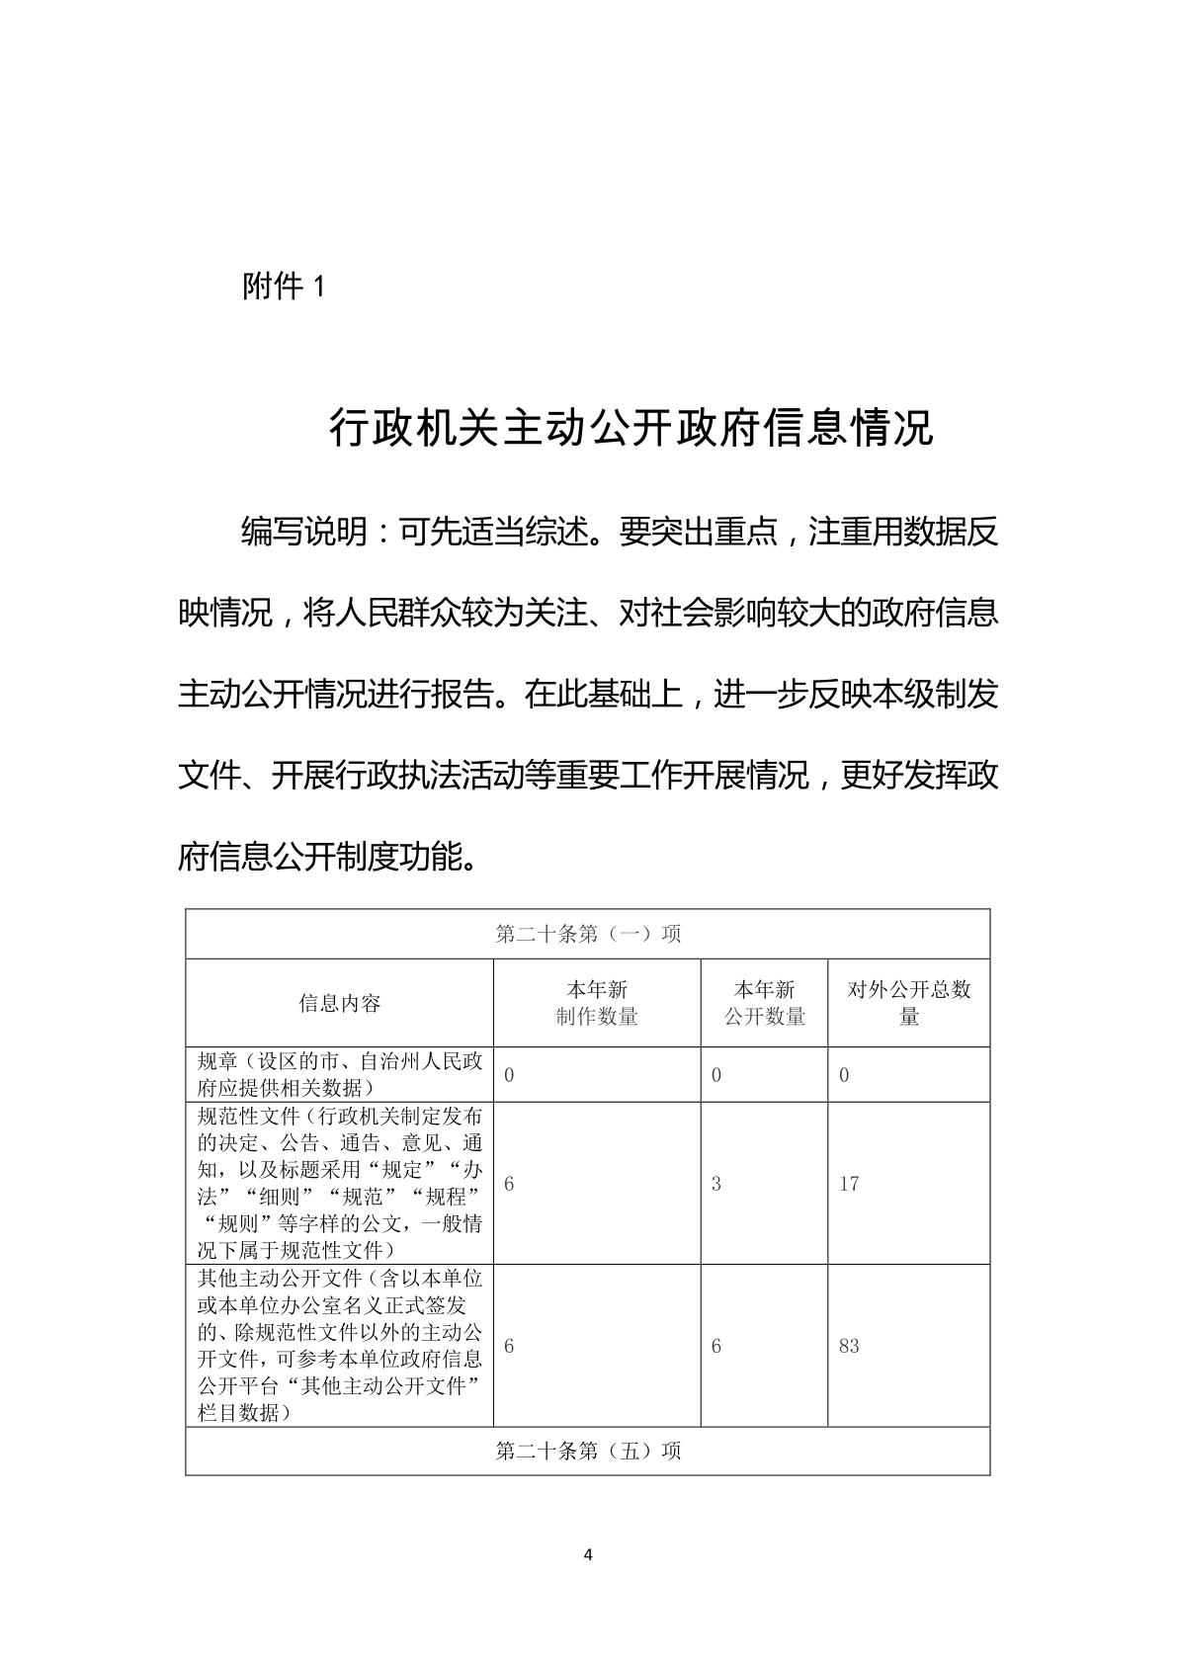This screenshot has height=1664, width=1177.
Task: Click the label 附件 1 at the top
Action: [283, 287]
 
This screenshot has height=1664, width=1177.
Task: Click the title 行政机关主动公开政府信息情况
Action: [631, 429]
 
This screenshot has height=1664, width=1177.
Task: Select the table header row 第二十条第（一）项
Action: [588, 934]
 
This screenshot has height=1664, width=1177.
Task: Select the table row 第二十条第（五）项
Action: [588, 1451]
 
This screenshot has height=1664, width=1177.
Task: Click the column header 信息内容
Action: [339, 1004]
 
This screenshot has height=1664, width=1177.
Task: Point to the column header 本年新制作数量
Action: [597, 1003]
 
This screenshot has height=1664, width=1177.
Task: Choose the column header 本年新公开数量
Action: [764, 1003]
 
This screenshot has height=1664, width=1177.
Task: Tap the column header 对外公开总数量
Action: [909, 1003]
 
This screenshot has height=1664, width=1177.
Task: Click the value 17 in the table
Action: [850, 1184]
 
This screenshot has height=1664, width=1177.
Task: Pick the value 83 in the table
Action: [850, 1346]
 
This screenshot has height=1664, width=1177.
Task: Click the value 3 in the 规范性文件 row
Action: [716, 1184]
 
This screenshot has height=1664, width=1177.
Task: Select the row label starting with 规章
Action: [339, 1074]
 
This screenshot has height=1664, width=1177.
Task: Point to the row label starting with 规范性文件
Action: [339, 1184]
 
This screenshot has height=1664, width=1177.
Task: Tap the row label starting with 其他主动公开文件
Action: [339, 1346]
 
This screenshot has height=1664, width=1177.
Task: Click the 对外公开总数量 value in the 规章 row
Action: [844, 1075]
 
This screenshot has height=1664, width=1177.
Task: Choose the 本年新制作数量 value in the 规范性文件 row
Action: [509, 1184]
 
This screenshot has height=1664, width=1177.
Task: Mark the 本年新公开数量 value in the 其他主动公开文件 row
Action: [716, 1346]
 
